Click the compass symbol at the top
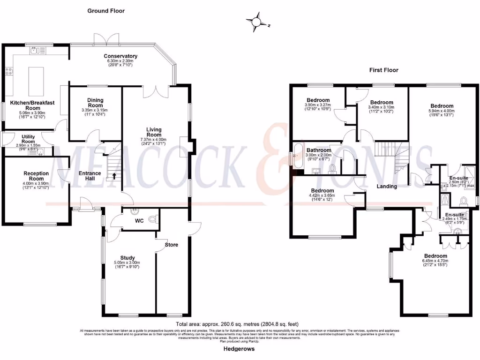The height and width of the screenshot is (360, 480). (256, 22)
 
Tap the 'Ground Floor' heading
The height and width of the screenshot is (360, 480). (106, 11)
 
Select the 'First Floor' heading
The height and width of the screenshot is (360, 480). (383, 70)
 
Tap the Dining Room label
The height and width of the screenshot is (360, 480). (95, 102)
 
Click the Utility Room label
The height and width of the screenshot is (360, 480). (28, 139)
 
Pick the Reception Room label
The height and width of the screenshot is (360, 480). (36, 176)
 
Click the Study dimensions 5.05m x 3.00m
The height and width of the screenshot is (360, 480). (127, 262)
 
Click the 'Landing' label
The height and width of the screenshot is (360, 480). (387, 187)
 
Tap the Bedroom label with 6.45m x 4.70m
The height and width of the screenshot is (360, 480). (435, 255)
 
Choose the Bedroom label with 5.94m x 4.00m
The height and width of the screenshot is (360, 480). (442, 106)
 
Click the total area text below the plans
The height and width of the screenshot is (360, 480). (237, 324)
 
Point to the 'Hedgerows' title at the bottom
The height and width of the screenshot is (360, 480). (239, 350)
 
